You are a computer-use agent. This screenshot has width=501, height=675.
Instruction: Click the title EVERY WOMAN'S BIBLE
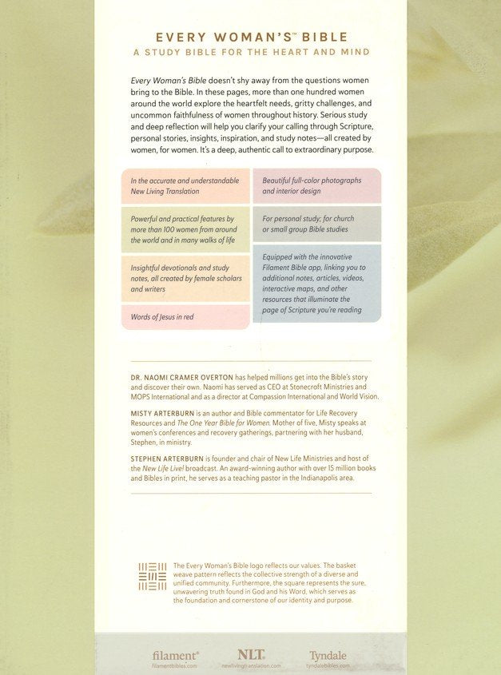tap(250, 36)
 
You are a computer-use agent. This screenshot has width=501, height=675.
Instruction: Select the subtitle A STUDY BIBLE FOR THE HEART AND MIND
tap(250, 52)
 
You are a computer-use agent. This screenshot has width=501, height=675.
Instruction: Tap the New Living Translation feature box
tap(185, 186)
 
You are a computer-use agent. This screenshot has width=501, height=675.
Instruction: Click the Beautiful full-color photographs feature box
tap(316, 186)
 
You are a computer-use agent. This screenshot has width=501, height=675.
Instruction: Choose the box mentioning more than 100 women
tap(185, 229)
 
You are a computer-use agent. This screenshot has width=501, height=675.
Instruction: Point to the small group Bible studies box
tap(316, 224)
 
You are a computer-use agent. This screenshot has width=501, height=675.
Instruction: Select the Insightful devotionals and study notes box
tap(185, 279)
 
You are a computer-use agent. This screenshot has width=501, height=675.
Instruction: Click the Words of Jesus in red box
tap(185, 317)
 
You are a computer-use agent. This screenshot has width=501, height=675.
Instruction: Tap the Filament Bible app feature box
tap(316, 284)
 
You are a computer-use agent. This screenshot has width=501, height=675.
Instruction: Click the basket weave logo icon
tap(152, 577)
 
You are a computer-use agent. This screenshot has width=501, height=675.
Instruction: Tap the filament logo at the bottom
tap(176, 655)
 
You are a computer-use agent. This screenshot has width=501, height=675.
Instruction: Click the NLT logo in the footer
tap(250, 654)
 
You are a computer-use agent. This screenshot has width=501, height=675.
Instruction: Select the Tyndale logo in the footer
tap(328, 655)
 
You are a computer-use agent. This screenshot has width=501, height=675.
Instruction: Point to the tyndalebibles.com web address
tap(328, 665)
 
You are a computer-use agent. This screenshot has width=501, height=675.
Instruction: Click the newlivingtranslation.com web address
tap(250, 665)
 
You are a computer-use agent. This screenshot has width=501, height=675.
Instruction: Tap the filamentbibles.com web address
tap(176, 665)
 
